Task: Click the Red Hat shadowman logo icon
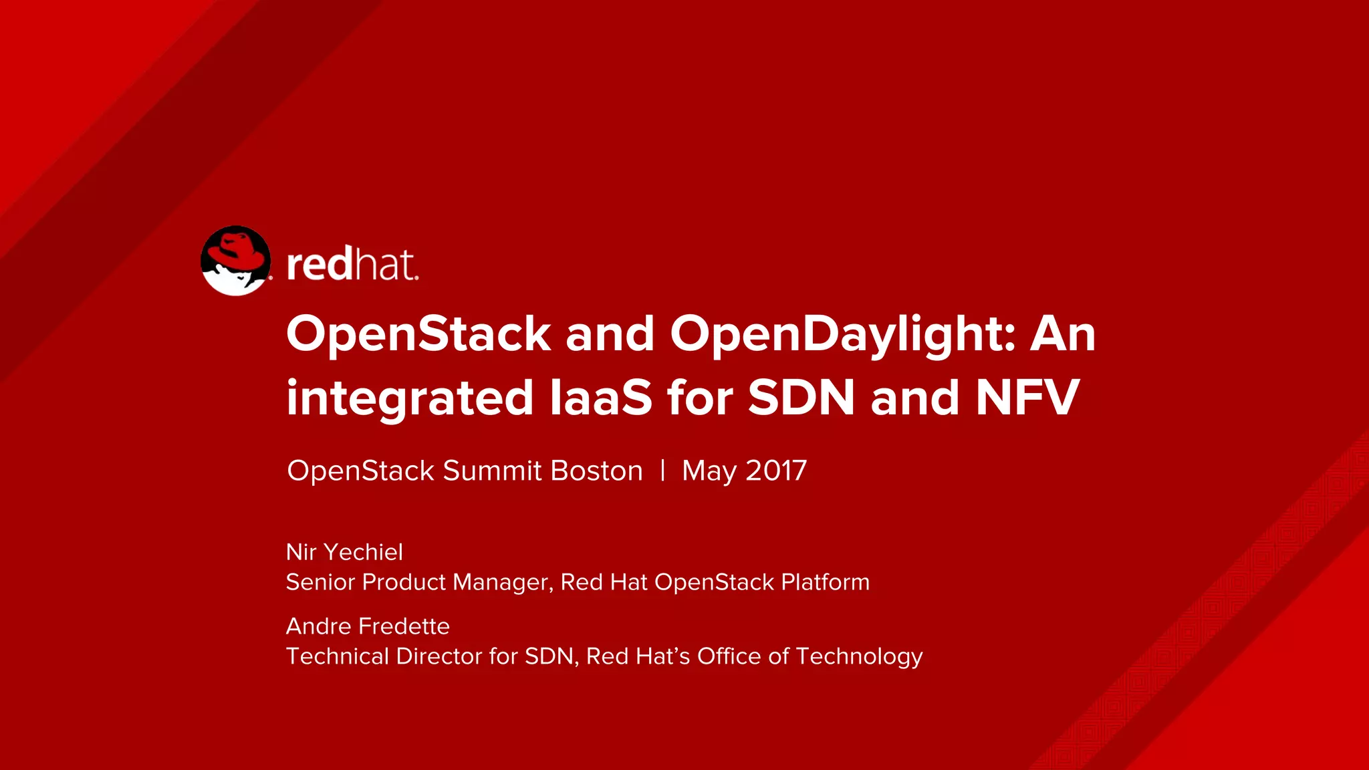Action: click(x=235, y=261)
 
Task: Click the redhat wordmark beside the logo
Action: click(x=352, y=265)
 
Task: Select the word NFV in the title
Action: click(x=1027, y=398)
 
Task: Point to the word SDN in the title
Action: click(x=801, y=398)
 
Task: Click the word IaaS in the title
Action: click(x=600, y=398)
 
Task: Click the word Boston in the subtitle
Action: click(x=596, y=471)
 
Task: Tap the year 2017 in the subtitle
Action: click(x=776, y=471)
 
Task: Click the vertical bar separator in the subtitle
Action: click(x=662, y=471)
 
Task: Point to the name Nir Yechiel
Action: click(x=344, y=552)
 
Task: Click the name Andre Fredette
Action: click(x=368, y=626)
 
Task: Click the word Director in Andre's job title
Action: click(x=439, y=656)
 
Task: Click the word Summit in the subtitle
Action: click(x=492, y=471)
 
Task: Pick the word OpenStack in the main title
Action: click(x=418, y=334)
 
